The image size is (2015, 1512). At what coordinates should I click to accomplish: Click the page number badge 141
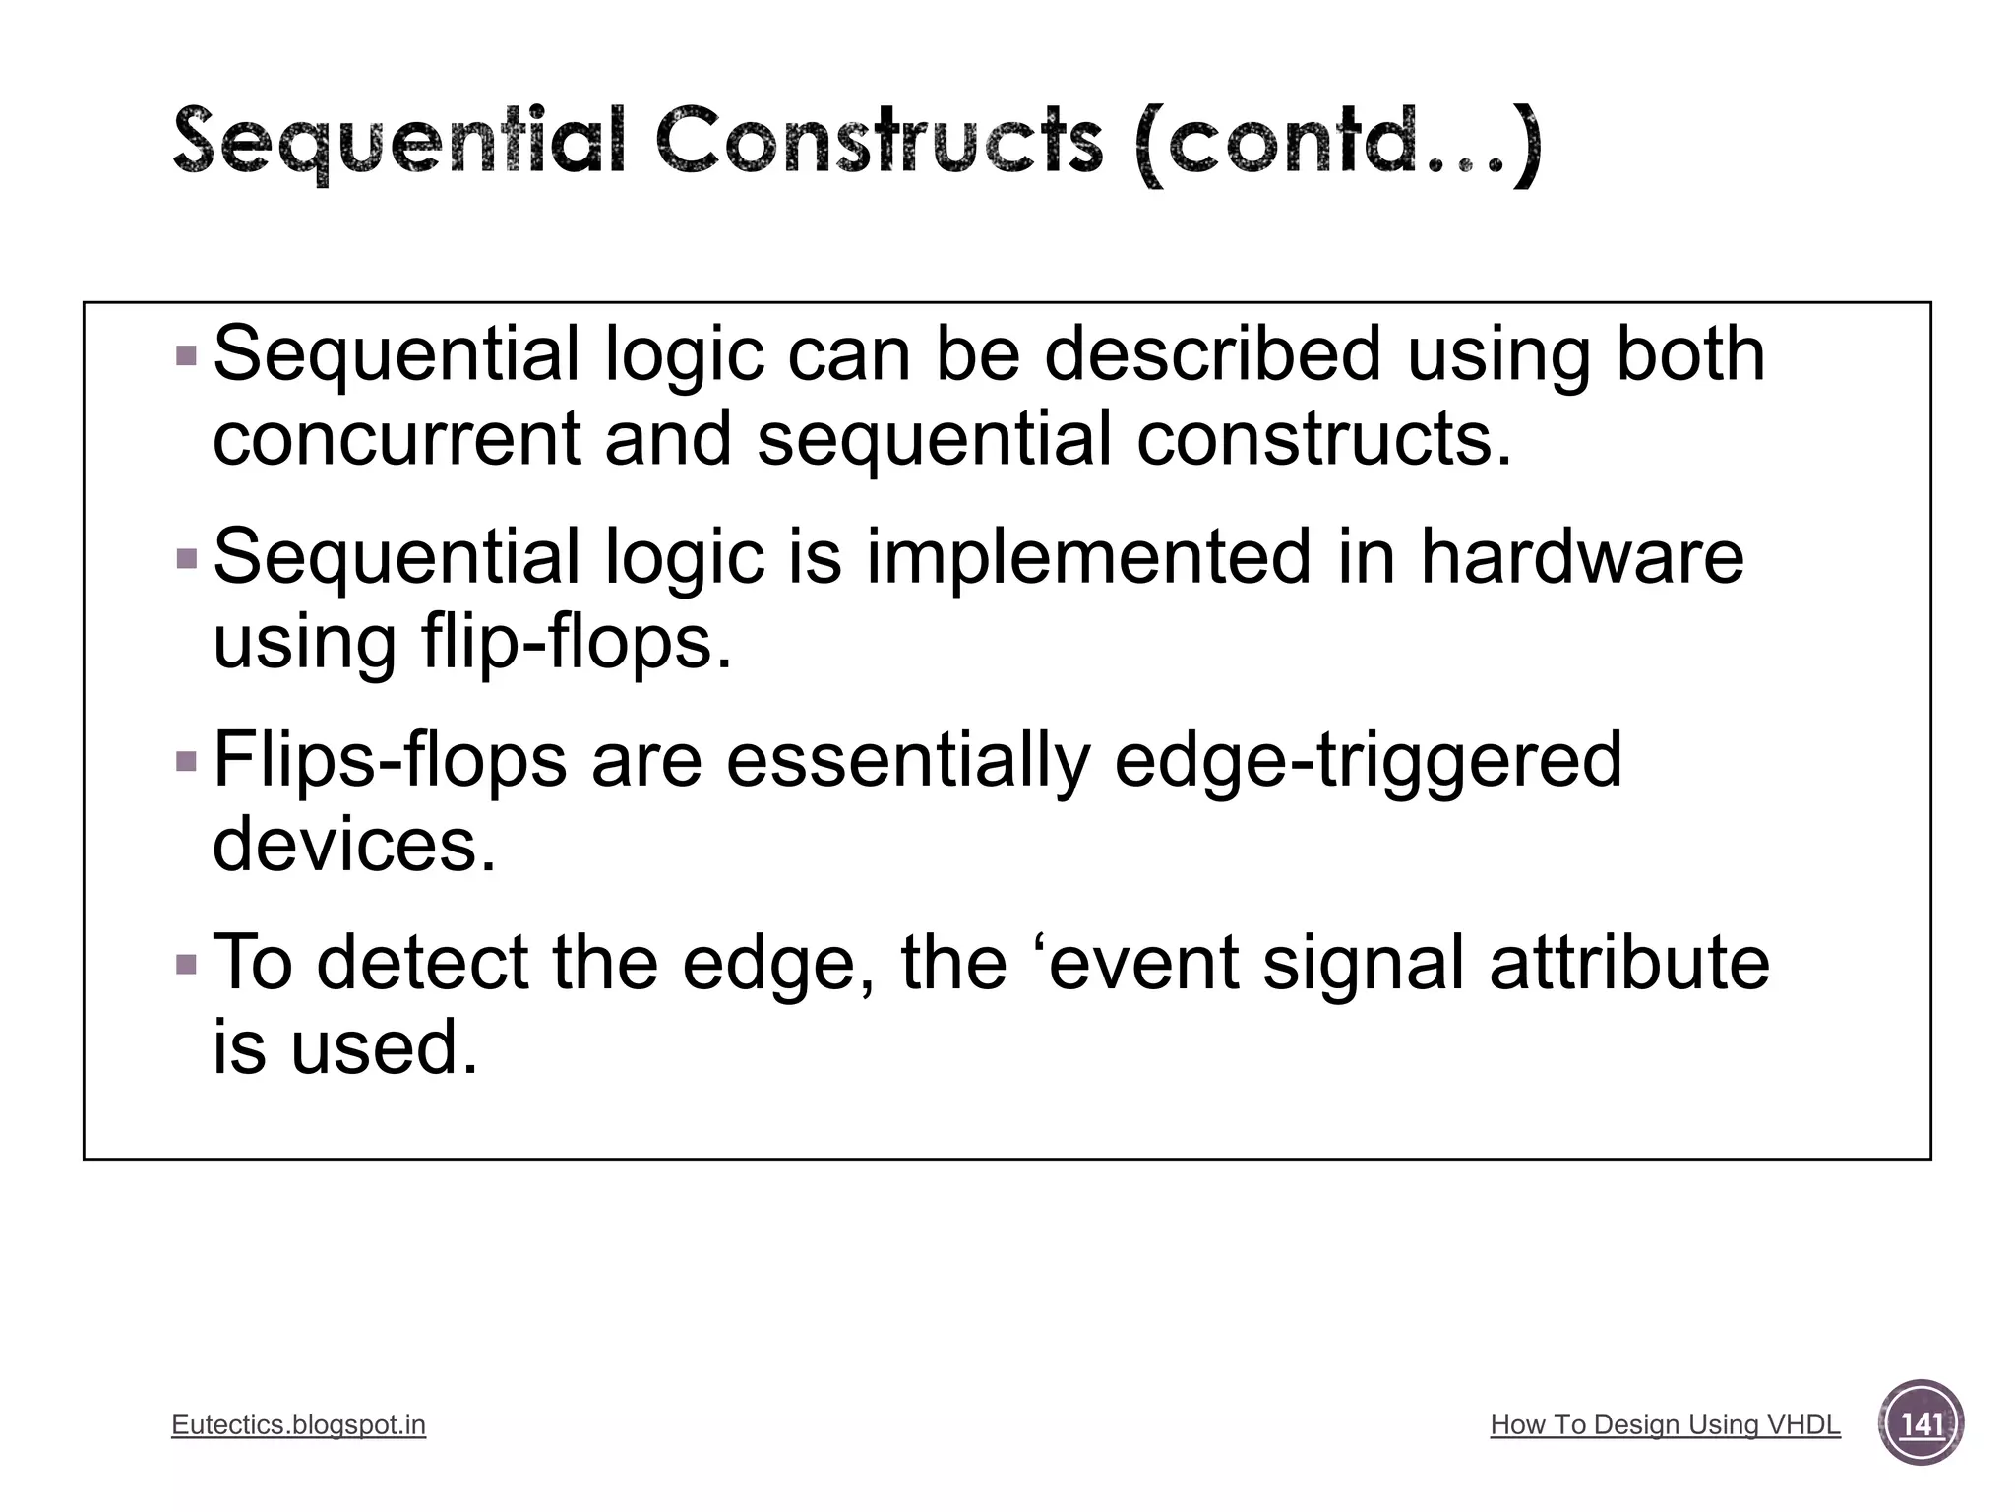click(x=1921, y=1423)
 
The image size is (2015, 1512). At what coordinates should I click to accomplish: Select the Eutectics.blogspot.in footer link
click(x=298, y=1424)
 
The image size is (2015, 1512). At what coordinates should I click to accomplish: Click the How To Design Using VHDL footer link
click(x=1665, y=1424)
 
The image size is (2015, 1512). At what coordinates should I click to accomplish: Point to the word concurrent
click(x=397, y=439)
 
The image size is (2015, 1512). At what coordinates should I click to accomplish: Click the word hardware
click(x=1581, y=557)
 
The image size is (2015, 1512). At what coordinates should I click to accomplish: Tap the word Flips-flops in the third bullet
click(x=390, y=760)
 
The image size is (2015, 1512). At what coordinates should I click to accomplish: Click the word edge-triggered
click(x=1368, y=760)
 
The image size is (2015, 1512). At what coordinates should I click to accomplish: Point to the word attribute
click(x=1628, y=963)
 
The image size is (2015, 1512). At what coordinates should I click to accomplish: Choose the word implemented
click(x=1089, y=557)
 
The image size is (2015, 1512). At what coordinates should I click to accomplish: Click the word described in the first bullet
click(x=1212, y=354)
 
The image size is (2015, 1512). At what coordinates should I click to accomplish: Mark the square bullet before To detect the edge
click(x=186, y=963)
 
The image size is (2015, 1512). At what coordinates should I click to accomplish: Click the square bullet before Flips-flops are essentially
click(x=186, y=761)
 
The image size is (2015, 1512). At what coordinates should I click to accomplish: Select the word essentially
click(x=908, y=760)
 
